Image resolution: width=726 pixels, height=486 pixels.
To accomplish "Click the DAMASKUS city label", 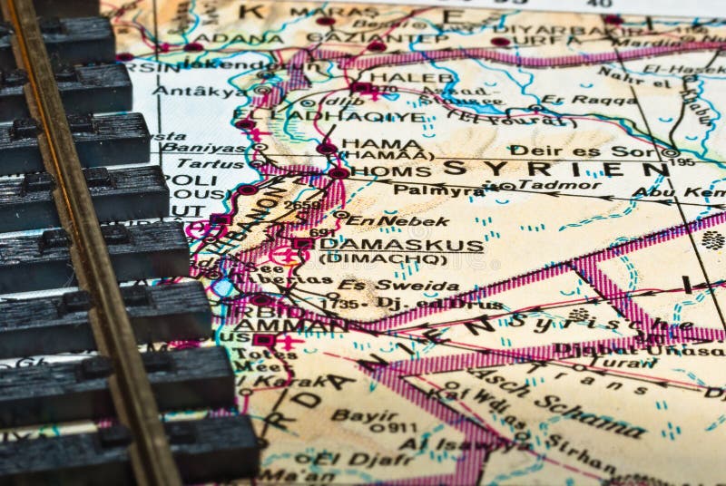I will click(403, 245).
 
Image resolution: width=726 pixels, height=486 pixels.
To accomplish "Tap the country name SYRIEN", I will click(555, 168).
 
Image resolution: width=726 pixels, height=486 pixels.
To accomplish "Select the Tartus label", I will click(208, 163).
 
